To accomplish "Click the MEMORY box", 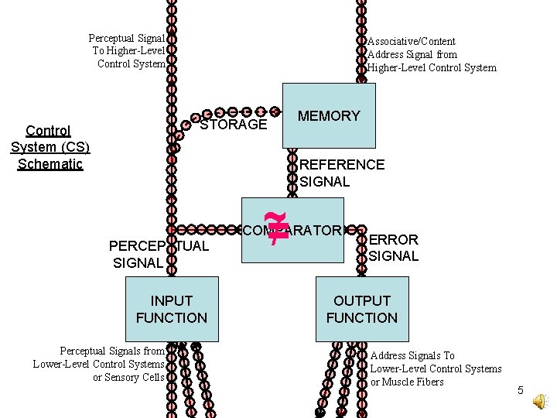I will (x=329, y=116).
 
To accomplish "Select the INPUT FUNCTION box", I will (x=171, y=309).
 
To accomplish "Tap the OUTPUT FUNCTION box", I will (x=361, y=309).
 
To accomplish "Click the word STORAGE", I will (x=233, y=125).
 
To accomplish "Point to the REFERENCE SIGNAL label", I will (x=341, y=173).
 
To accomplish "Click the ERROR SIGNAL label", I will (x=393, y=248).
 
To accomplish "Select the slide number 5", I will (x=521, y=391).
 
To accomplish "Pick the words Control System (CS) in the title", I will (x=50, y=139).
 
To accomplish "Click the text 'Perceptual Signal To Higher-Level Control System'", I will (x=128, y=51).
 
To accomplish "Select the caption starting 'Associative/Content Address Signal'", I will (x=432, y=54).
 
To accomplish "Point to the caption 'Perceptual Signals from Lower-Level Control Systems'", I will (x=99, y=358).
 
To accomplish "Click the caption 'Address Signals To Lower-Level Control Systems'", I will (x=436, y=362).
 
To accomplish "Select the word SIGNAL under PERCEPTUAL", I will (x=138, y=263).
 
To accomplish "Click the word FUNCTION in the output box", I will (x=361, y=317).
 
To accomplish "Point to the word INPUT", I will (x=172, y=300).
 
